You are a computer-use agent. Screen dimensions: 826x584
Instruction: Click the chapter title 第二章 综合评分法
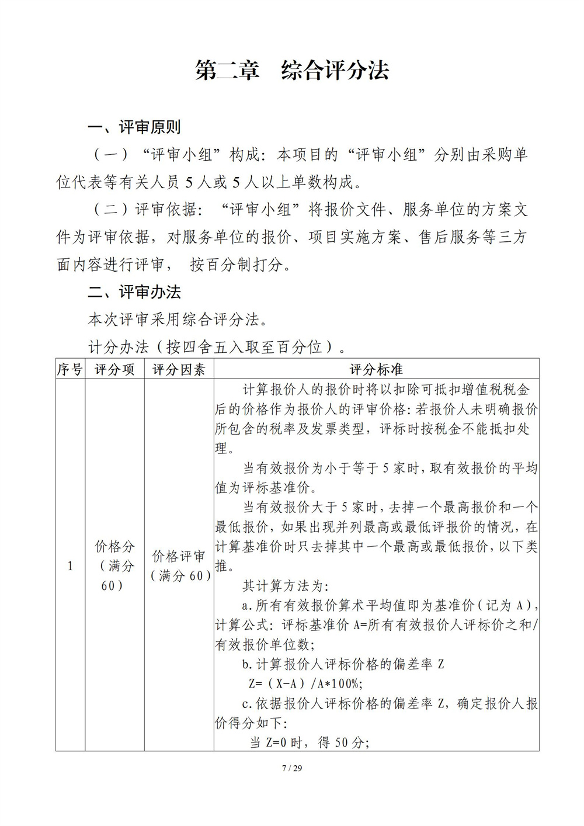pos(292,71)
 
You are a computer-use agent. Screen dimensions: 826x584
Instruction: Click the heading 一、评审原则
pos(134,127)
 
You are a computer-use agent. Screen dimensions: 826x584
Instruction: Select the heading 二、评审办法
pos(134,292)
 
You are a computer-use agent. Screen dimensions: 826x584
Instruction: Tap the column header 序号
pos(70,369)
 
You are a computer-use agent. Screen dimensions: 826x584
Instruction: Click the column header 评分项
pos(114,369)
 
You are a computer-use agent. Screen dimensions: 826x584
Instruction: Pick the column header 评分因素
pos(179,369)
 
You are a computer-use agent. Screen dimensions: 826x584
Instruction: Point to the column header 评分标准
pos(376,369)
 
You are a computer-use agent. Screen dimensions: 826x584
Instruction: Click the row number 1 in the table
pos(70,565)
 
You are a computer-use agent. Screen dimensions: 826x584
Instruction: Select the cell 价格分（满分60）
pos(114,565)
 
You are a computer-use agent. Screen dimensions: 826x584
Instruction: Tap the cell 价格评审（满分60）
pos(179,565)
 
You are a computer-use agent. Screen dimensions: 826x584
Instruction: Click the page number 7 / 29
pos(292,768)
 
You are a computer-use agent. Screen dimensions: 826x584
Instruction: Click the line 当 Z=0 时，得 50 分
pos(310,742)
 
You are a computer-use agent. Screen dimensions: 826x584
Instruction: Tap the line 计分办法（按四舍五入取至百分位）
pos(214,347)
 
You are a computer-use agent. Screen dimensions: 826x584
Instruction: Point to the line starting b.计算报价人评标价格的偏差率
pos(343,664)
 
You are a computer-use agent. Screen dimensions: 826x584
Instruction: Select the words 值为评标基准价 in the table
pos(266,487)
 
